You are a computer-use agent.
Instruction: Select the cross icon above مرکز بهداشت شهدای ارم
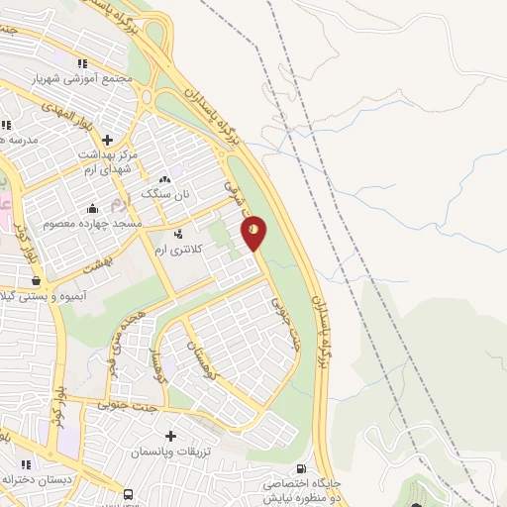tap(107, 140)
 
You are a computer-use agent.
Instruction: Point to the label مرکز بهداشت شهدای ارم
tap(109, 162)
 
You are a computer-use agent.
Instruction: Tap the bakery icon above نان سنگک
tap(164, 179)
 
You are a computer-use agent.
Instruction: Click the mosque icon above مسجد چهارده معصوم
tap(92, 208)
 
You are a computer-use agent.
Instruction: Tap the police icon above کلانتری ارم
tap(177, 235)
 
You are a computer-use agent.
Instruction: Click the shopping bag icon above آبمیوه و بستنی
tap(36, 281)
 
